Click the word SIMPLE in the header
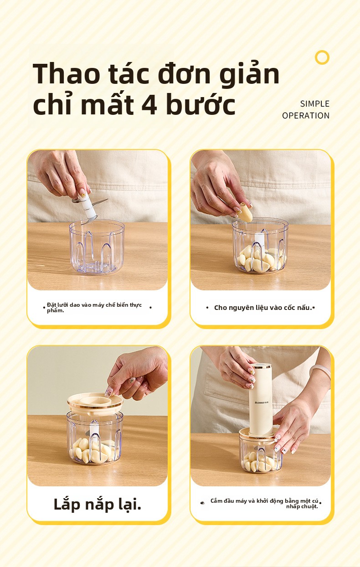tap(315, 104)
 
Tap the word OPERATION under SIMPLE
tap(306, 116)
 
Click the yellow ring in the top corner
tap(322, 57)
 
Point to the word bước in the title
tap(201, 104)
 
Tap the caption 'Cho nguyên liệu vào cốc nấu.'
tap(263, 308)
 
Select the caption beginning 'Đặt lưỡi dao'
tap(94, 307)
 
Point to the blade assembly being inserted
tap(90, 206)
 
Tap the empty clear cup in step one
tap(97, 246)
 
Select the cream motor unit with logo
tap(261, 400)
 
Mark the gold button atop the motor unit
tap(261, 366)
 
